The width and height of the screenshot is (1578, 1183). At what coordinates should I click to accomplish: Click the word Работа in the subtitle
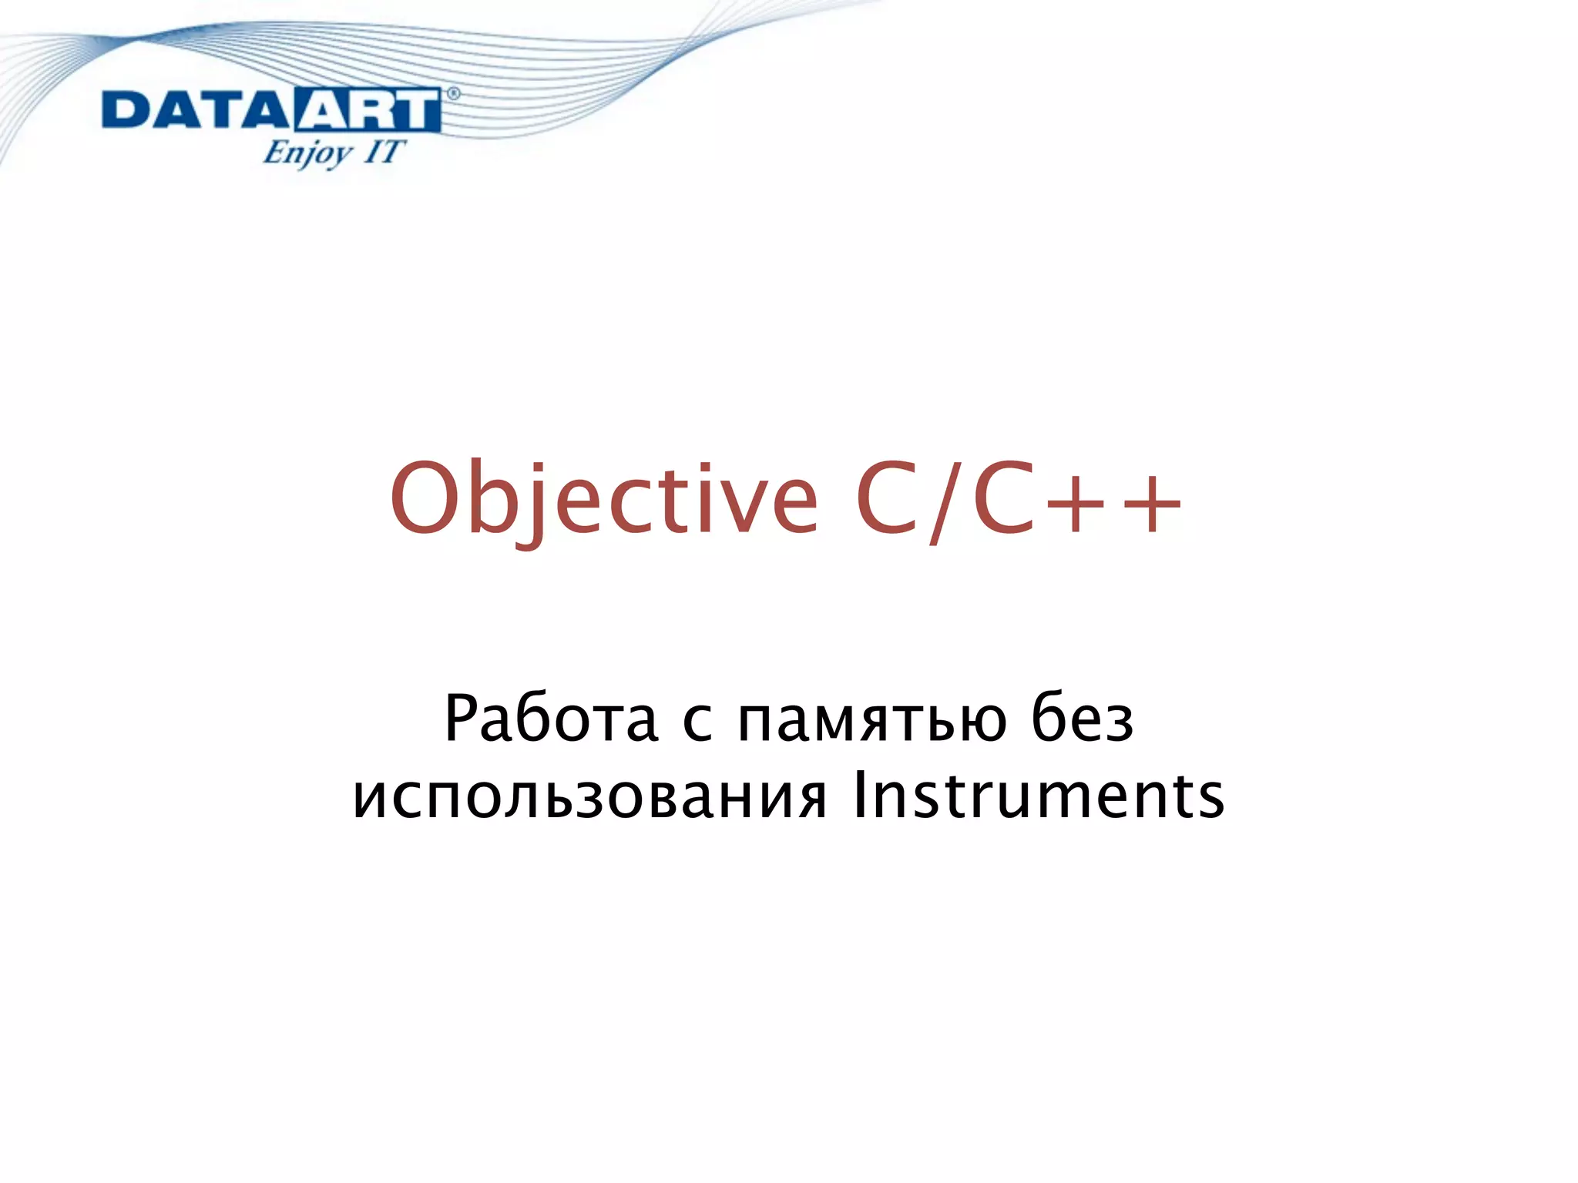(x=551, y=719)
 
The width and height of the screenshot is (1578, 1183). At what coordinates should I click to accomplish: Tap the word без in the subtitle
(x=1082, y=719)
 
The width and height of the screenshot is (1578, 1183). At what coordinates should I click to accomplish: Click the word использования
(x=589, y=796)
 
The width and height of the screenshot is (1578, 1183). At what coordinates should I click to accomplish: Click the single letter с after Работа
(x=697, y=724)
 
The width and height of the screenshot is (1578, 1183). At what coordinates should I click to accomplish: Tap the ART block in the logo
(x=367, y=111)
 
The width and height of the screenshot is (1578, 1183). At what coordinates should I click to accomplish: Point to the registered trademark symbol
(x=453, y=94)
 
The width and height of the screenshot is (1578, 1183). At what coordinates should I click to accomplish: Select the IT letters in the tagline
(x=383, y=151)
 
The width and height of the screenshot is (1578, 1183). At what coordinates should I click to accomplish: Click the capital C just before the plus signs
(x=1004, y=499)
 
